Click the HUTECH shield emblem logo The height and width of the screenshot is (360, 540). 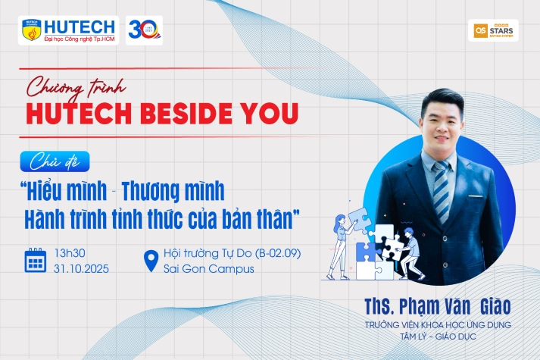[30, 31]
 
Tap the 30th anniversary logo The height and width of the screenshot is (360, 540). [142, 30]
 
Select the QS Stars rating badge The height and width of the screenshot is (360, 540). [493, 30]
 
